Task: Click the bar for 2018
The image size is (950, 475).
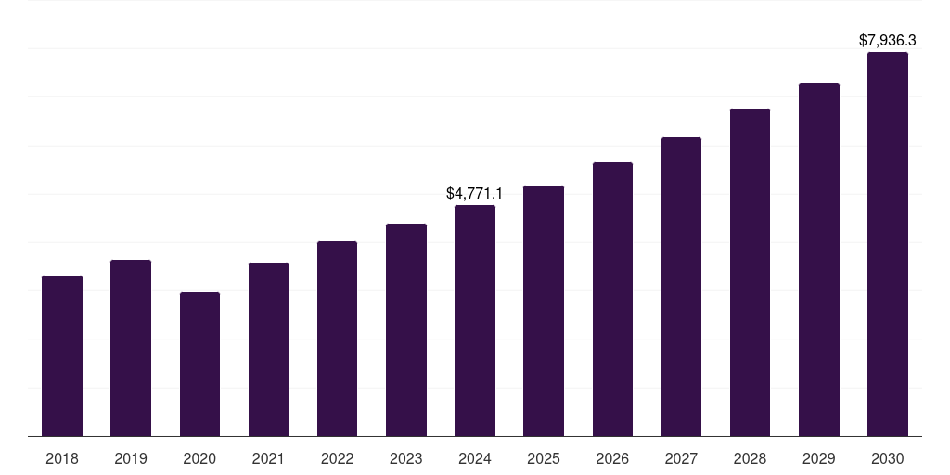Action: tap(62, 356)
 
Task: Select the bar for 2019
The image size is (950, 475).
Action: tap(131, 348)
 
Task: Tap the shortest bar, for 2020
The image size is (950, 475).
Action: tap(199, 365)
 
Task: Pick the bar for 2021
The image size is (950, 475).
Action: tap(268, 350)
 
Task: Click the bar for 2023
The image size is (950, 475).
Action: tap(406, 330)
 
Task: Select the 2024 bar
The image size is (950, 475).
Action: tap(475, 321)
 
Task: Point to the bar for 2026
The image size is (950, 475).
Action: tap(612, 300)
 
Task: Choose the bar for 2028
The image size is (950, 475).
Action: tap(750, 273)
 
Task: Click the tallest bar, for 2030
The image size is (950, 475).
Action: tap(888, 244)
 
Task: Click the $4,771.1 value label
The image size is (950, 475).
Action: tap(474, 193)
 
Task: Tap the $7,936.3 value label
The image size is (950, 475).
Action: tap(887, 41)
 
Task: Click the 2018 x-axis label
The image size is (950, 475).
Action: tap(62, 458)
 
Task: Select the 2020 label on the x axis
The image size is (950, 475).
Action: tap(199, 458)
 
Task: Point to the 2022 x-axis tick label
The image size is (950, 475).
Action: tap(338, 458)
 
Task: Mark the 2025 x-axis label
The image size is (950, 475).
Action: tap(544, 458)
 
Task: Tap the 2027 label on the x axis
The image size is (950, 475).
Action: tap(681, 458)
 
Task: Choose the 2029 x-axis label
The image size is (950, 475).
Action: tap(818, 458)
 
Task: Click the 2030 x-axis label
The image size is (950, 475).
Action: tap(888, 458)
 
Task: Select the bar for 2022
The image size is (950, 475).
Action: tap(338, 339)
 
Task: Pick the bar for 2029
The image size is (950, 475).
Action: tap(819, 260)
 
